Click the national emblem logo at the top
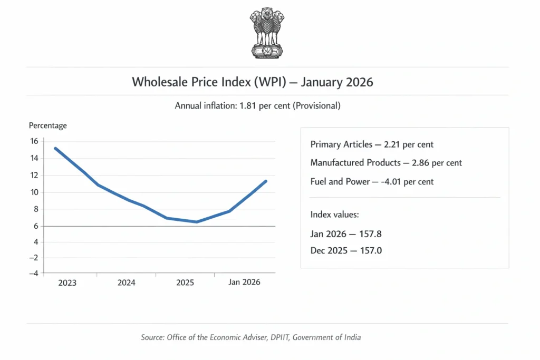[x=267, y=33]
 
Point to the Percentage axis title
[x=47, y=125]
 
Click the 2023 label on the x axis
[x=67, y=283]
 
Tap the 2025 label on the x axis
[x=185, y=283]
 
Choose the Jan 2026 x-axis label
[x=244, y=283]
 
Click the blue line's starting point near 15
[x=55, y=149]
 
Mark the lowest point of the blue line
[x=197, y=222]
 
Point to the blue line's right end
[x=266, y=181]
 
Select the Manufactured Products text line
[x=386, y=163]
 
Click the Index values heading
[x=334, y=215]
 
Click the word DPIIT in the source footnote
[x=276, y=337]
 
